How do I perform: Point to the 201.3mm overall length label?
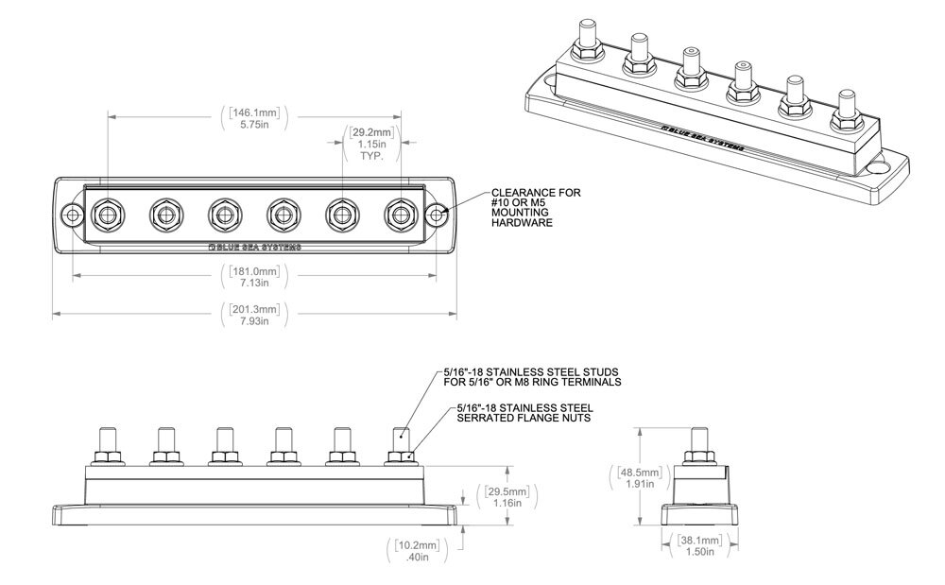pos(256,316)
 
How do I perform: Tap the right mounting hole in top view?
pos(437,215)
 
